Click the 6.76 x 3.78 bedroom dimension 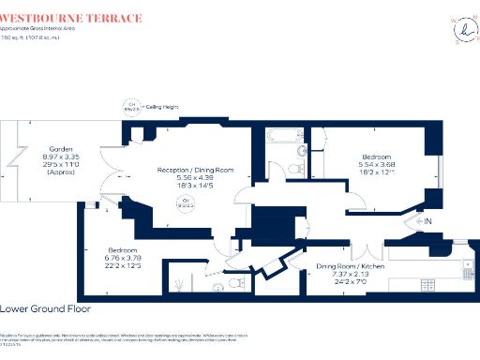(x=124, y=261)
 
